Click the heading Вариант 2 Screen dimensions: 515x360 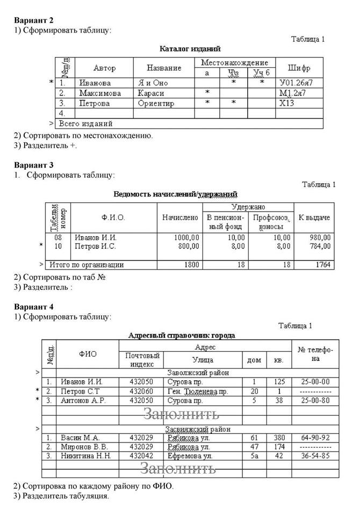point(34,20)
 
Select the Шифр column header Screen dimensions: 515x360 point(299,68)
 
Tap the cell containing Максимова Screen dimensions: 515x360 point(100,93)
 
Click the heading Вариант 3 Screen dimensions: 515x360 point(34,165)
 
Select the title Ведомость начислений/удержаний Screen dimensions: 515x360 point(176,194)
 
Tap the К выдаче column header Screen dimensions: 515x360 point(314,217)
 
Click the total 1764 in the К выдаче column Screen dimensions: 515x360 point(322,265)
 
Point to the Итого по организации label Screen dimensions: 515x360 point(87,265)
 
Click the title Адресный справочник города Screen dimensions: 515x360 point(182,335)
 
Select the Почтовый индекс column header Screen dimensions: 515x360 point(142,359)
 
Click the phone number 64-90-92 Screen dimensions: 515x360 point(315,437)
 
